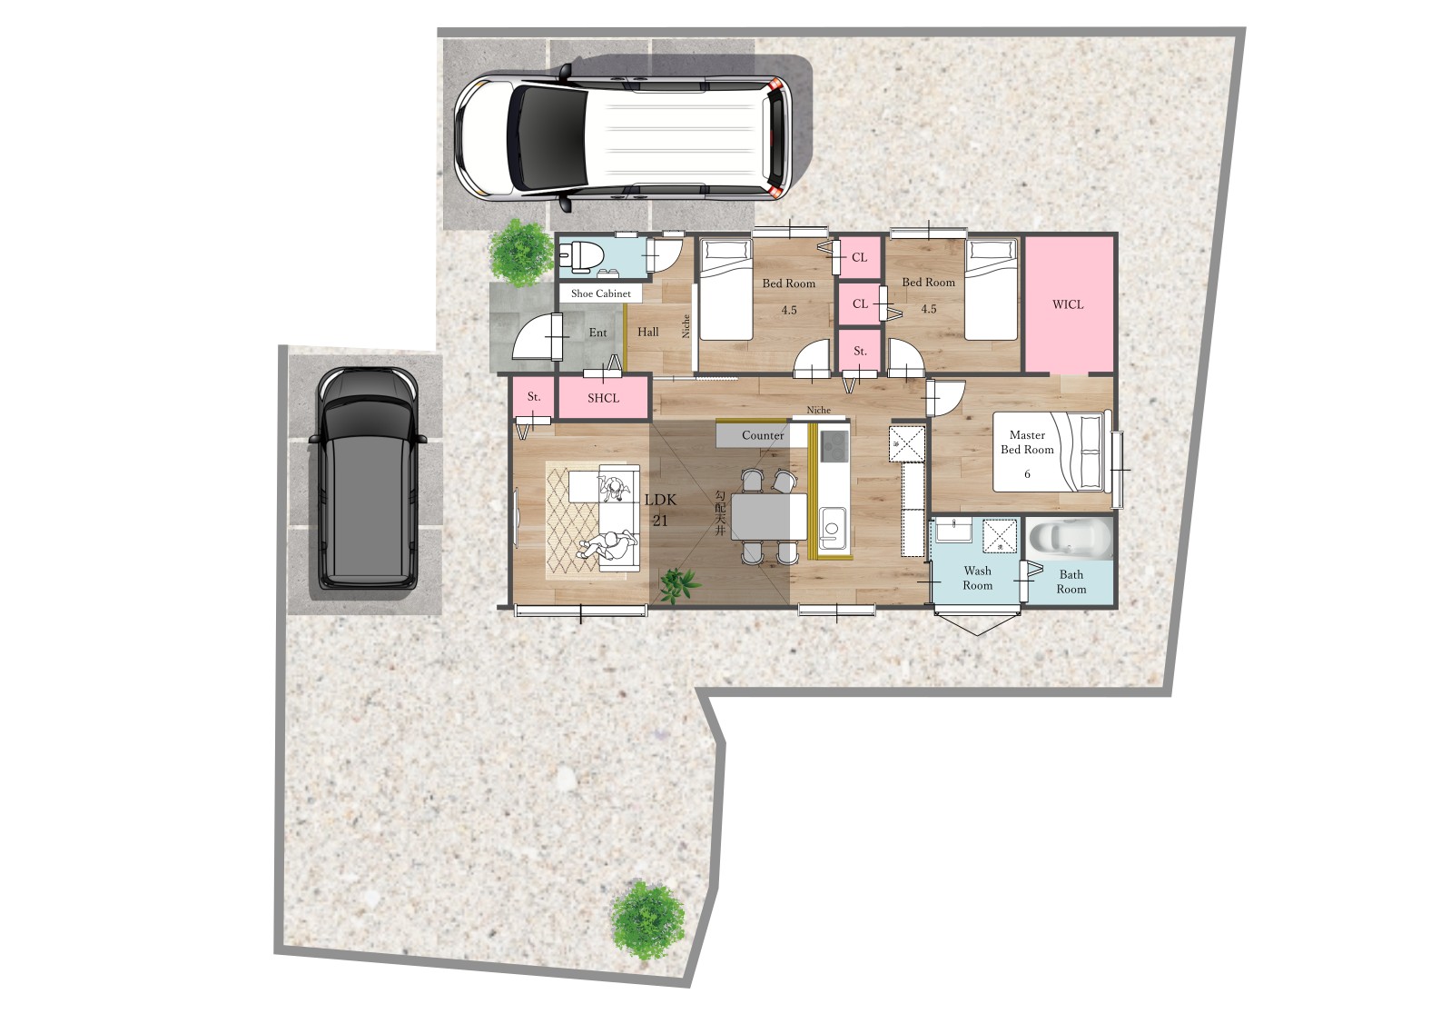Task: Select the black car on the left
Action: coord(368,478)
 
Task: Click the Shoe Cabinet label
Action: coord(601,293)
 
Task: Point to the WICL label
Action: coord(1068,304)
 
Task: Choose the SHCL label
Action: coord(604,399)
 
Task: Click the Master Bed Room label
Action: coord(1027,442)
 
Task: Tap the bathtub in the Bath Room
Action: coord(1069,539)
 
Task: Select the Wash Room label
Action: coord(977,578)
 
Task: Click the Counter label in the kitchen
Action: coord(763,435)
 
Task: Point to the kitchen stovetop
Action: coord(834,445)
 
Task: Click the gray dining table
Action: coord(769,516)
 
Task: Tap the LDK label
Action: coord(660,501)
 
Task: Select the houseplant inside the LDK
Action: coord(678,584)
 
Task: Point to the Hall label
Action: coord(647,333)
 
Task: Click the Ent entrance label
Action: coord(597,333)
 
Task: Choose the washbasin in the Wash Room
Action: coord(953,532)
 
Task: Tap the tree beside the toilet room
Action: coord(521,252)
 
